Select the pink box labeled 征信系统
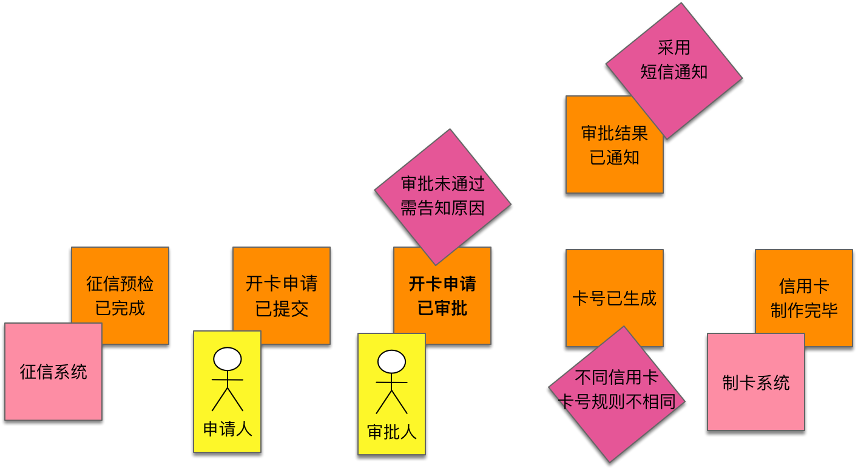(x=53, y=372)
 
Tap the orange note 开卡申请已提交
(x=282, y=295)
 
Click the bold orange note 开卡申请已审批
(x=442, y=296)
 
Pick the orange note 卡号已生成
(x=614, y=298)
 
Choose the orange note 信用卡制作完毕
(x=804, y=298)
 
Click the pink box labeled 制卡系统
(x=756, y=383)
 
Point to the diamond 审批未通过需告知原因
(x=443, y=196)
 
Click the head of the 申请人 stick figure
(x=228, y=359)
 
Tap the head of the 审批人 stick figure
(x=391, y=362)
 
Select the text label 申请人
(x=228, y=429)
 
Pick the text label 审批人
(x=392, y=432)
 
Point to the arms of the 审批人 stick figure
(x=391, y=383)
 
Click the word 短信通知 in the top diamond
(x=674, y=72)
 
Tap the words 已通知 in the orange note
(x=615, y=158)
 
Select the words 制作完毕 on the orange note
(x=804, y=311)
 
